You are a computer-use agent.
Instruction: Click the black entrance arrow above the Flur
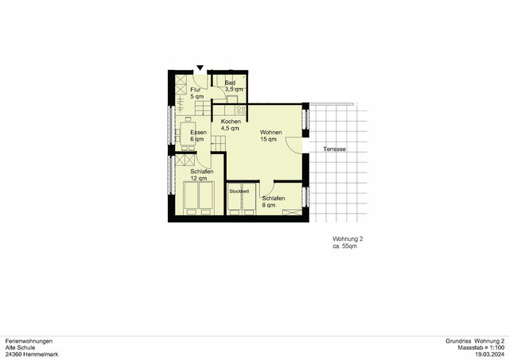pyautogui.click(x=200, y=68)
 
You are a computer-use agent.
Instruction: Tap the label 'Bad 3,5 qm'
pyautogui.click(x=230, y=86)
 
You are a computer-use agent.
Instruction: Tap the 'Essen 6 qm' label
pyautogui.click(x=198, y=136)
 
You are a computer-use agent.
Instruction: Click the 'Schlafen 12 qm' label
pyautogui.click(x=201, y=175)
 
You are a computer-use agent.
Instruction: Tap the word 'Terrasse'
pyautogui.click(x=333, y=149)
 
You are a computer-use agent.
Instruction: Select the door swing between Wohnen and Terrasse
pyautogui.click(x=293, y=145)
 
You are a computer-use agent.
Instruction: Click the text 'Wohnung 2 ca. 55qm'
pyautogui.click(x=348, y=243)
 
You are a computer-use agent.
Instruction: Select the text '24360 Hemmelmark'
pyautogui.click(x=29, y=354)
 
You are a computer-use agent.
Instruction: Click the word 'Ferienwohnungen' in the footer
pyautogui.click(x=29, y=341)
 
